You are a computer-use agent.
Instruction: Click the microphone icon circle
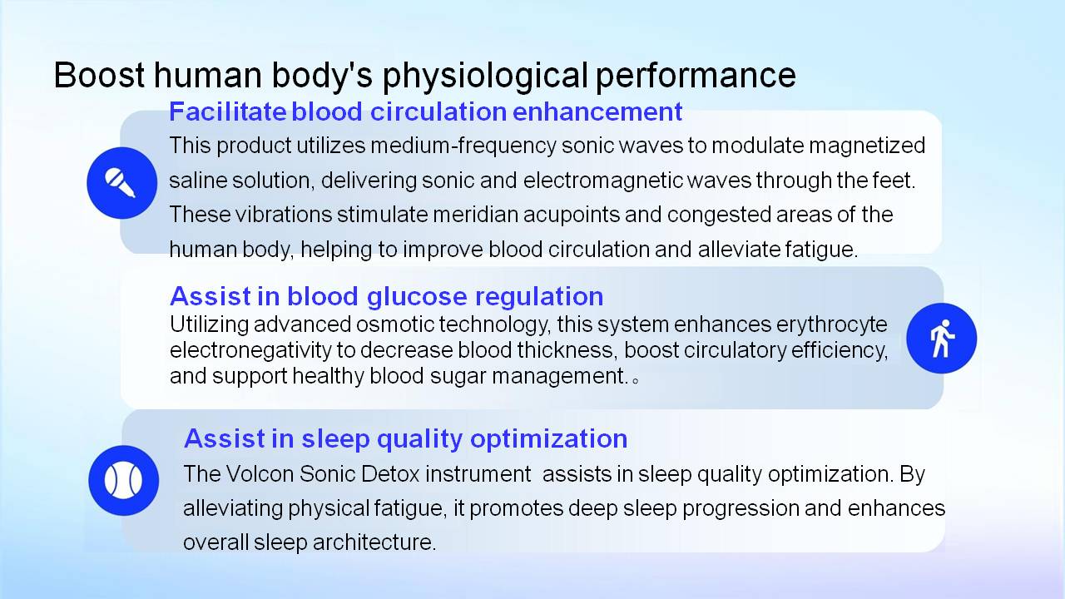[x=121, y=183]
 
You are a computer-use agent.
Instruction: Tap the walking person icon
[x=941, y=339]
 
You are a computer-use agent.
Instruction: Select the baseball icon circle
[x=124, y=480]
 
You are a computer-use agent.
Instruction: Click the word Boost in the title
[x=99, y=75]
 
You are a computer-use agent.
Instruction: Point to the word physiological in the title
[x=485, y=76]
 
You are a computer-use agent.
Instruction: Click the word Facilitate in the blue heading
[x=227, y=111]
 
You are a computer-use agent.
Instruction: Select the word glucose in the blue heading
[x=417, y=297]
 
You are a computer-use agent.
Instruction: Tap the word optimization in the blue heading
[x=548, y=438]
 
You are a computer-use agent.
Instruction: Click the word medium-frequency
[x=463, y=146]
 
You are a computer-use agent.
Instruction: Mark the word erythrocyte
[x=831, y=325]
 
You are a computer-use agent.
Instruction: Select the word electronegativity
[x=250, y=350]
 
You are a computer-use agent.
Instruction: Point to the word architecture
[x=374, y=542]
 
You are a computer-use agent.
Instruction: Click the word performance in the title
[x=696, y=76]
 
